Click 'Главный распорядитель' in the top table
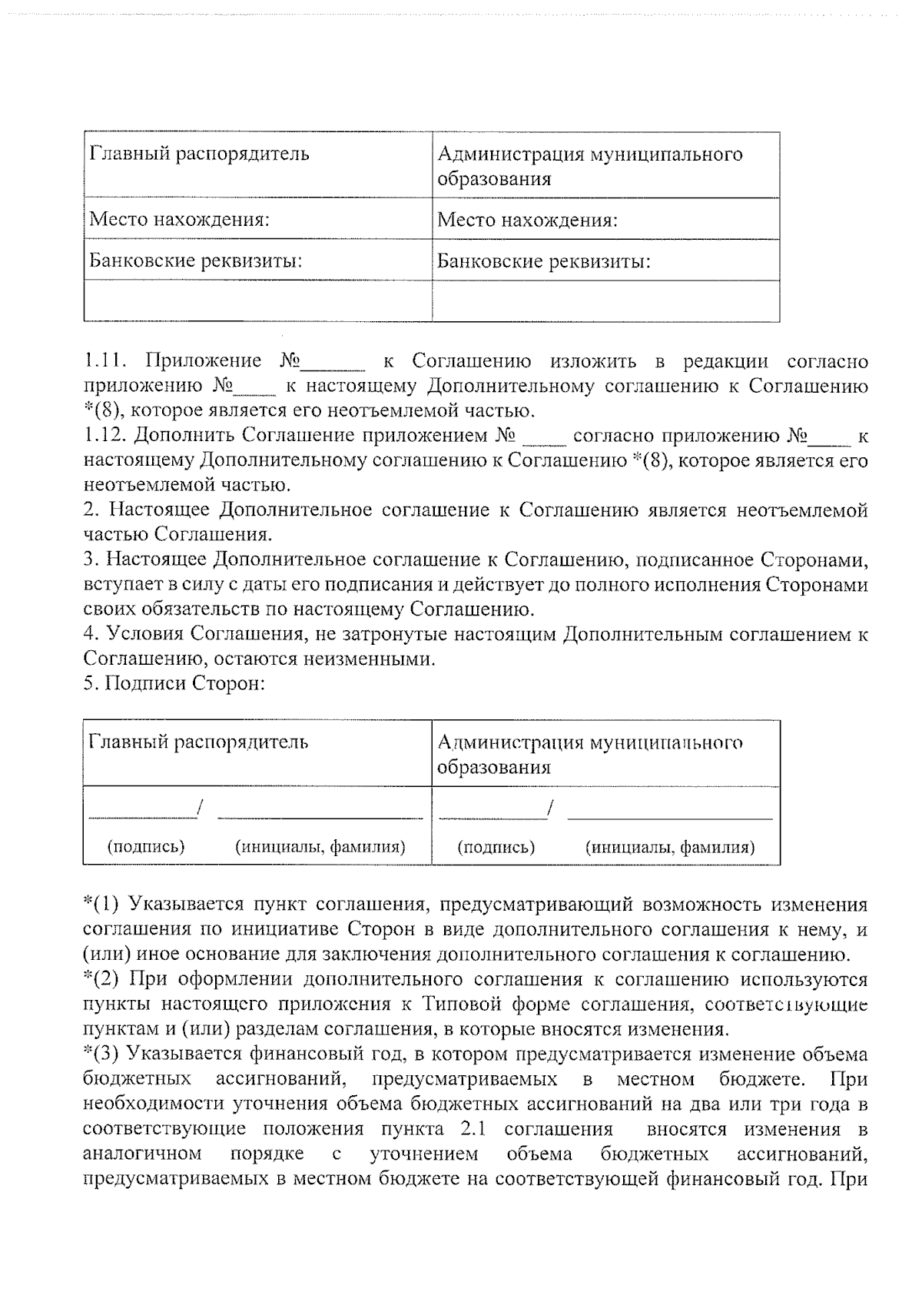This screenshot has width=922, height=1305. tap(200, 154)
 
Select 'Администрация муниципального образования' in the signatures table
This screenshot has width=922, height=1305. tap(589, 754)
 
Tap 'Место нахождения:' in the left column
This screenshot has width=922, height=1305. tap(179, 220)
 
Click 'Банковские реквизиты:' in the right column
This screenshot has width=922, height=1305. tap(544, 261)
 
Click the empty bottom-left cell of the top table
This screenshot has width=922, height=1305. tap(257, 301)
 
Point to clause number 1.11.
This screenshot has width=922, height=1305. tap(103, 360)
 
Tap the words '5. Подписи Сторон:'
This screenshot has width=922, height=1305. tap(174, 683)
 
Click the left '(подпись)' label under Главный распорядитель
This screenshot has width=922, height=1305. tap(146, 846)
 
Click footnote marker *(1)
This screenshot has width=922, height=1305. tap(101, 904)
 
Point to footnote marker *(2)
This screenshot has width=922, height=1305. tap(101, 979)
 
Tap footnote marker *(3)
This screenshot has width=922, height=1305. tap(101, 1054)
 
